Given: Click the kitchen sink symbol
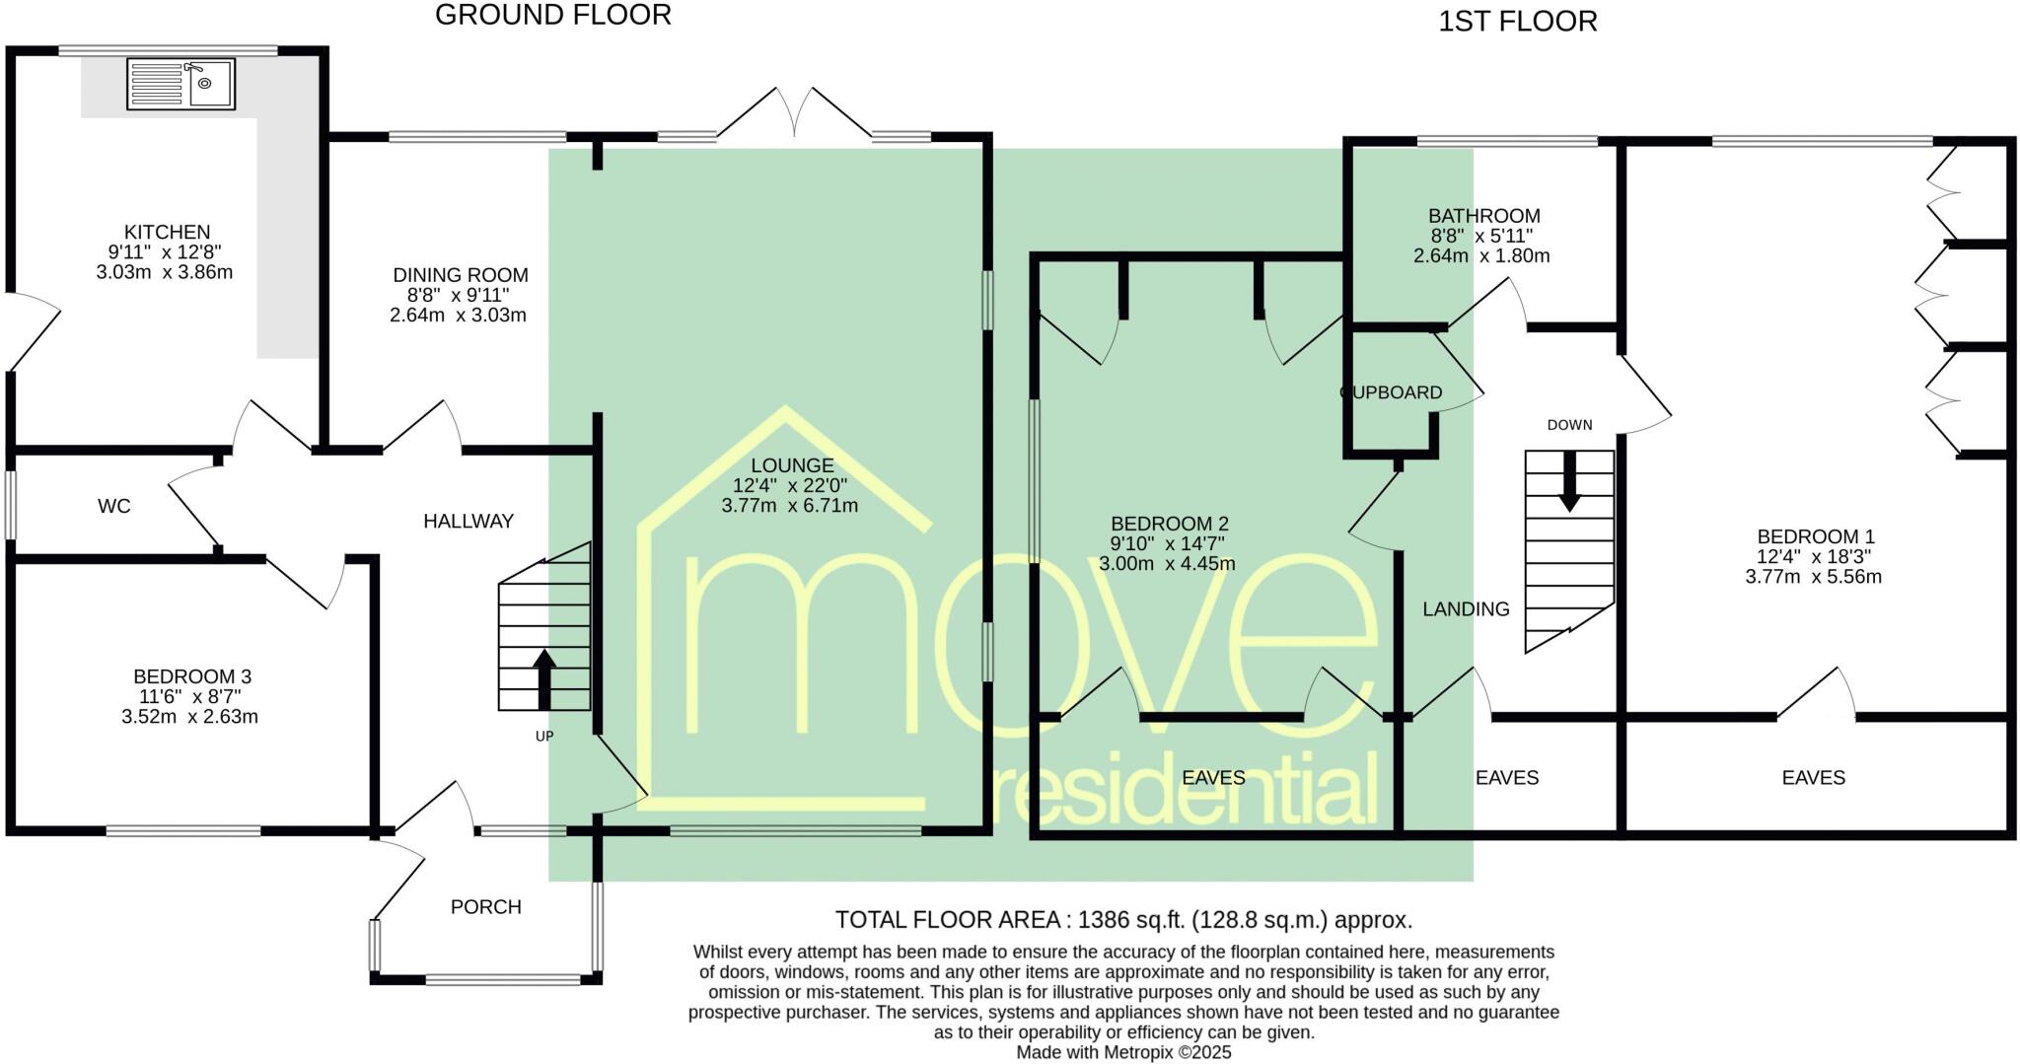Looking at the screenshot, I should tap(181, 83).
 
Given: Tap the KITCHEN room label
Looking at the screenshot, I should tap(167, 233).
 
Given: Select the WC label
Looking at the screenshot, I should tap(114, 507).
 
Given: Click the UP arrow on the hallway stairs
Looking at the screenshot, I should tap(544, 678).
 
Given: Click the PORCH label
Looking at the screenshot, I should tap(485, 907).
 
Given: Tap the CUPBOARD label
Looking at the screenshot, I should tap(1391, 392).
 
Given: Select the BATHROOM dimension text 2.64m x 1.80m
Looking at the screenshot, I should tap(1481, 256).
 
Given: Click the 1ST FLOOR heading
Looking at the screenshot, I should tap(1517, 22).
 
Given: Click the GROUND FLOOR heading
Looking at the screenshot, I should tap(552, 16).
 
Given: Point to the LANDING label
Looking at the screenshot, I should tap(1466, 609).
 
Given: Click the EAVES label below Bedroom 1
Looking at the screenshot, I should tap(1813, 778).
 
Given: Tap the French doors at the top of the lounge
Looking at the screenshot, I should tap(795, 114).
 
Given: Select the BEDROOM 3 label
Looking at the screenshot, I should tap(192, 677).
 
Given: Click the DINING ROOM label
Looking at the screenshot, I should tap(461, 276).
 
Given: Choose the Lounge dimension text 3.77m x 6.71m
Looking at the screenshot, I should tap(790, 506).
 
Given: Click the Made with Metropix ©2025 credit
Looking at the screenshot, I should tap(1123, 1053).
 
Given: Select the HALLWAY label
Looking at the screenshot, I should tap(469, 522).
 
